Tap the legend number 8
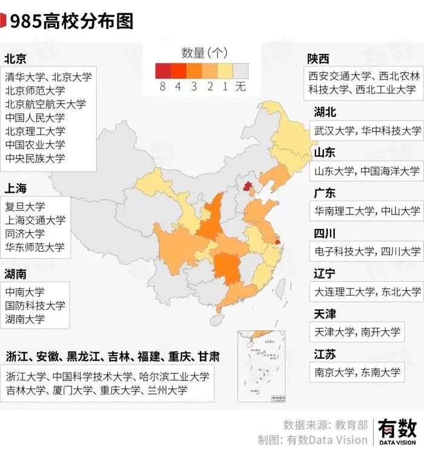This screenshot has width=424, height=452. pyautogui.click(x=162, y=86)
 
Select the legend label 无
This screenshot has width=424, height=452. pyautogui.click(x=241, y=86)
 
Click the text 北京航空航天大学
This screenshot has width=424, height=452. pyautogui.click(x=45, y=104)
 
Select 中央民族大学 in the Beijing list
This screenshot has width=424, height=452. pyautogui.click(x=35, y=158)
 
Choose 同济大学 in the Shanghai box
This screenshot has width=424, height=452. pyautogui.click(x=25, y=233)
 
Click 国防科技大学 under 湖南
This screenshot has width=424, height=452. pyautogui.click(x=35, y=305)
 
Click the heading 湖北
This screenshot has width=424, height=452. pyautogui.click(x=325, y=112)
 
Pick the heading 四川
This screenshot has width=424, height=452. pyautogui.click(x=325, y=233)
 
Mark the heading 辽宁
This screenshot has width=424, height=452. pyautogui.click(x=325, y=273)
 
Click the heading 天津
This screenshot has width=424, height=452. pyautogui.click(x=325, y=314)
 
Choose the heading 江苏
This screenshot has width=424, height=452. pyautogui.click(x=325, y=354)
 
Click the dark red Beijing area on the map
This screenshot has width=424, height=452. pyautogui.click(x=247, y=186)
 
